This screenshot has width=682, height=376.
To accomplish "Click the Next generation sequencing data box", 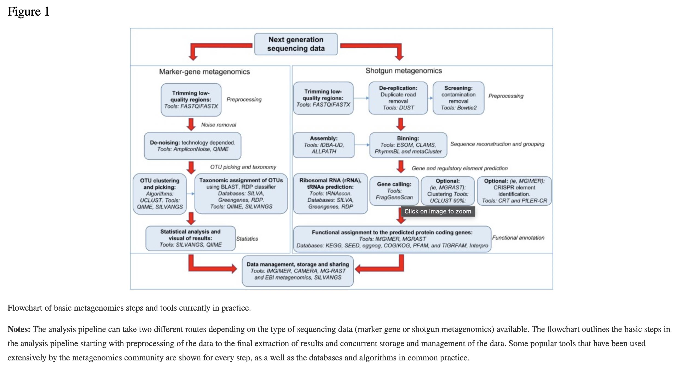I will pyautogui.click(x=296, y=44).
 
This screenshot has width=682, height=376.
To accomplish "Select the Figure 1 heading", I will pyautogui.click(x=28, y=11).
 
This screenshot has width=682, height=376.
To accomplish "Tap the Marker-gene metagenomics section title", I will pyautogui.click(x=204, y=72).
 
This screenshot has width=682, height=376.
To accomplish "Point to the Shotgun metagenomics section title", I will pyautogui.click(x=404, y=71).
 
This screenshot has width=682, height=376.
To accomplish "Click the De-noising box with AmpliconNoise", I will pyautogui.click(x=192, y=146).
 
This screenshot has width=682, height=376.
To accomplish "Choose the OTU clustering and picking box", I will pyautogui.click(x=160, y=193).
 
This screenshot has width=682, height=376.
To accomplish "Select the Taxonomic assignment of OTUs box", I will pyautogui.click(x=241, y=193).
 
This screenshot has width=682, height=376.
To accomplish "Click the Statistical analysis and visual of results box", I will pyautogui.click(x=190, y=238).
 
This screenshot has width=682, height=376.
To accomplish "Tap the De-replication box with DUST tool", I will pyautogui.click(x=398, y=98).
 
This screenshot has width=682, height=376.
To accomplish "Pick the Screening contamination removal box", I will pyautogui.click(x=458, y=98).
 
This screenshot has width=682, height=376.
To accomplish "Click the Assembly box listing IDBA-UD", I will pyautogui.click(x=323, y=145).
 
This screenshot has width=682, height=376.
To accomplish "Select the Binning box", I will pyautogui.click(x=408, y=145).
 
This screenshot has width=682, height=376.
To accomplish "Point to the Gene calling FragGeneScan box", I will pyautogui.click(x=394, y=191).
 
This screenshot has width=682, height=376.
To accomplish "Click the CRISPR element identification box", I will pyautogui.click(x=514, y=191).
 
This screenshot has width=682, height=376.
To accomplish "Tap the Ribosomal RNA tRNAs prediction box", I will pyautogui.click(x=330, y=193).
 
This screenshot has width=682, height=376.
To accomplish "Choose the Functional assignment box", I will pyautogui.click(x=392, y=239).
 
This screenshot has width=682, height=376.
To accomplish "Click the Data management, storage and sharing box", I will pyautogui.click(x=298, y=271).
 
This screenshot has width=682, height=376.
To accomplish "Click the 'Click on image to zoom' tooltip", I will pyautogui.click(x=438, y=211).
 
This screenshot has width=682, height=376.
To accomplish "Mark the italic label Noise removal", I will pyautogui.click(x=218, y=125).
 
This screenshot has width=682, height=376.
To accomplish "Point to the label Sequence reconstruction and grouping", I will pyautogui.click(x=497, y=144).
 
